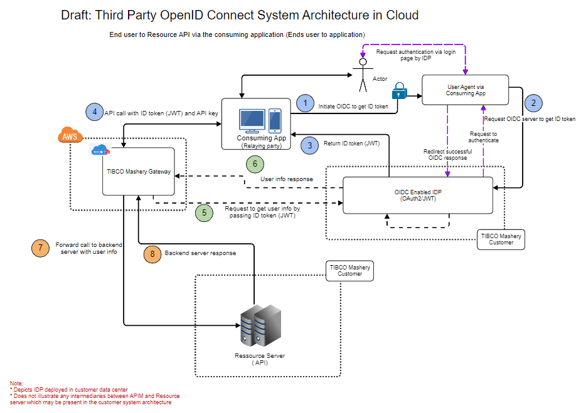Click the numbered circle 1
pos(305,103)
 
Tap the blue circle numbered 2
pos(533,103)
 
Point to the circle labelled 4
pos(94,112)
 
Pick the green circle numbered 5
pos(204,213)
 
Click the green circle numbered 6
pos(255,164)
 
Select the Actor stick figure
pos(362,75)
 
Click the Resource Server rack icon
pos(257,327)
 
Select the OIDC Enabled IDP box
pos(418,195)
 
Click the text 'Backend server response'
pos(200,254)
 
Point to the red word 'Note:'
pos(17,383)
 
